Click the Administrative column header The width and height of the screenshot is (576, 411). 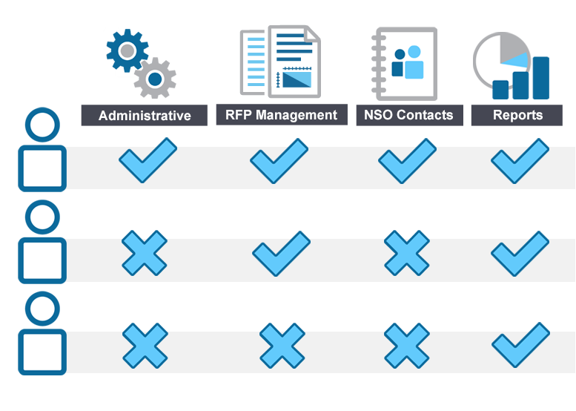(x=144, y=116)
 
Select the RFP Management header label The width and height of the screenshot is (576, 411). (x=281, y=115)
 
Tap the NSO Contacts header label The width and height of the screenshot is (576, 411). (x=408, y=116)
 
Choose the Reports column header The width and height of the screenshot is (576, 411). (x=517, y=116)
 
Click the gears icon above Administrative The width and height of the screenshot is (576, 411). (x=139, y=63)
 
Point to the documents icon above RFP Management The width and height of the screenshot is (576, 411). (x=279, y=62)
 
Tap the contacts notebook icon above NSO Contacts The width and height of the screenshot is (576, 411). (x=404, y=63)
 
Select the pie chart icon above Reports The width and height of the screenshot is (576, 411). (x=511, y=65)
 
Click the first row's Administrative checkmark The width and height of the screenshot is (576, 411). (x=148, y=162)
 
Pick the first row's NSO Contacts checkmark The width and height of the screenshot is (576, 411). (x=406, y=162)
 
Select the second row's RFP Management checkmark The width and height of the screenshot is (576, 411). (x=280, y=254)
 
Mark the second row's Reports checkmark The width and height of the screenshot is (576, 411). (x=520, y=254)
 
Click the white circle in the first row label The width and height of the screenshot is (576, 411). (x=42, y=125)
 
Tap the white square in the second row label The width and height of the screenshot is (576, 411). (x=42, y=260)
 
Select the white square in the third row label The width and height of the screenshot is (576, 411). (x=42, y=352)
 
